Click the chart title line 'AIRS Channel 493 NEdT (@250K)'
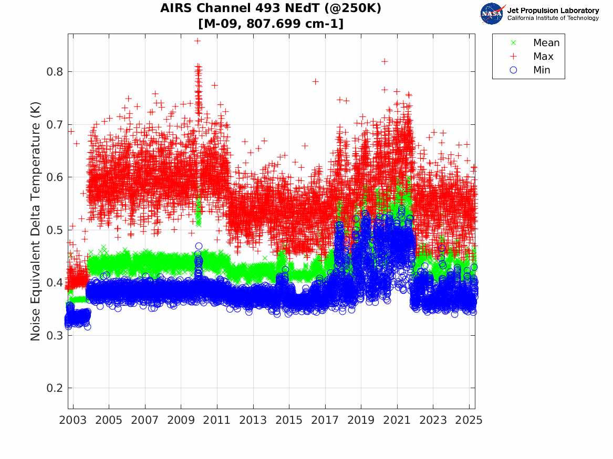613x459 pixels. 271,8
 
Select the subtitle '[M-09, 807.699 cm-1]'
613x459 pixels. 271,24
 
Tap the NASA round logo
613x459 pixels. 492,14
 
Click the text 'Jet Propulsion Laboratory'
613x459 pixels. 553,10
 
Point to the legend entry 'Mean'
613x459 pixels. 546,43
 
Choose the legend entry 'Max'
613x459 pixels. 543,57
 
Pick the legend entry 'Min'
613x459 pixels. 542,70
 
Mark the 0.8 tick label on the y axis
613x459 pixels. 55,72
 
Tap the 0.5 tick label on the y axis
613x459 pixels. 55,230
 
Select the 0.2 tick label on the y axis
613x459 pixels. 55,389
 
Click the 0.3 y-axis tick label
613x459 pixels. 55,336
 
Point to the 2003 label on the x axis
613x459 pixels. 73,420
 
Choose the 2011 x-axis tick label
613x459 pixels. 217,420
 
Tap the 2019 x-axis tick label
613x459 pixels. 361,420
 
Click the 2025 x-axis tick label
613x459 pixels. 469,420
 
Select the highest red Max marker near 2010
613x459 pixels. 198,40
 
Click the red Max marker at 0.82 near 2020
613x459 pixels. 385,61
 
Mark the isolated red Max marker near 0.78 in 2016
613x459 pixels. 315,81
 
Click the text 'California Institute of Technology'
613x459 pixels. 553,18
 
